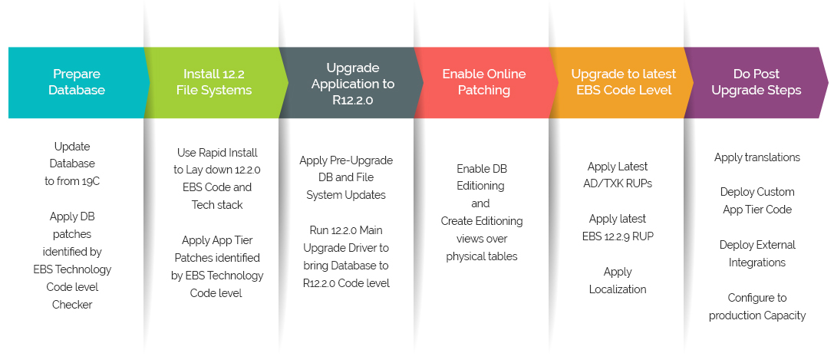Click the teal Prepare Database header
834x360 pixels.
pos(77,82)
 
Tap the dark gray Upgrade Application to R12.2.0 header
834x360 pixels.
pos(353,82)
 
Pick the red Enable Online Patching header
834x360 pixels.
pos(483,82)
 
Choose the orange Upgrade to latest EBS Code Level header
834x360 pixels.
pos(623,82)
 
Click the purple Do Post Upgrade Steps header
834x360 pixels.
pos(757,82)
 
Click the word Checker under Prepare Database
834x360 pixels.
pos(72,305)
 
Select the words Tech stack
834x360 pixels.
pos(217,205)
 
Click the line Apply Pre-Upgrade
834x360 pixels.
pos(346,160)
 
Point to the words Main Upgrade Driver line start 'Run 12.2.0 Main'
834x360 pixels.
pos(346,230)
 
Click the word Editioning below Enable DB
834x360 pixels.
pos(482,186)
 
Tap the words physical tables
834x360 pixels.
pos(482,256)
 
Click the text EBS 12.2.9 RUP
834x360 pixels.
pos(618,236)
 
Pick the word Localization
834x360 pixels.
pos(618,289)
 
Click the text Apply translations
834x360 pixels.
pos(757,157)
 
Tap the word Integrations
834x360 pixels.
pos(757,263)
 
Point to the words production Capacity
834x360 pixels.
pos(757,315)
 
